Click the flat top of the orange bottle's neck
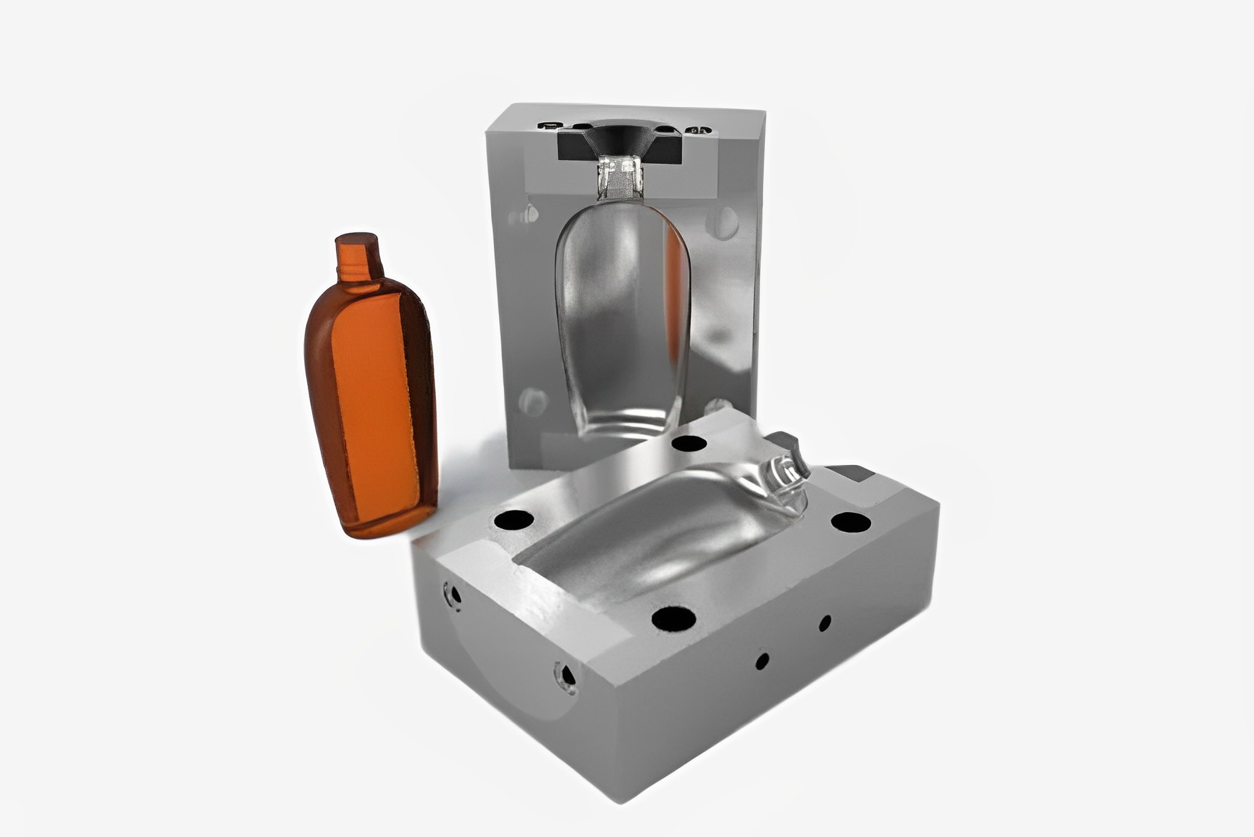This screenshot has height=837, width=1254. pos(356,239)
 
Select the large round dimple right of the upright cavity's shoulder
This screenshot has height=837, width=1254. pos(725,220)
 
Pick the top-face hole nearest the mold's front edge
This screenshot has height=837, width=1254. pos(673,619)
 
